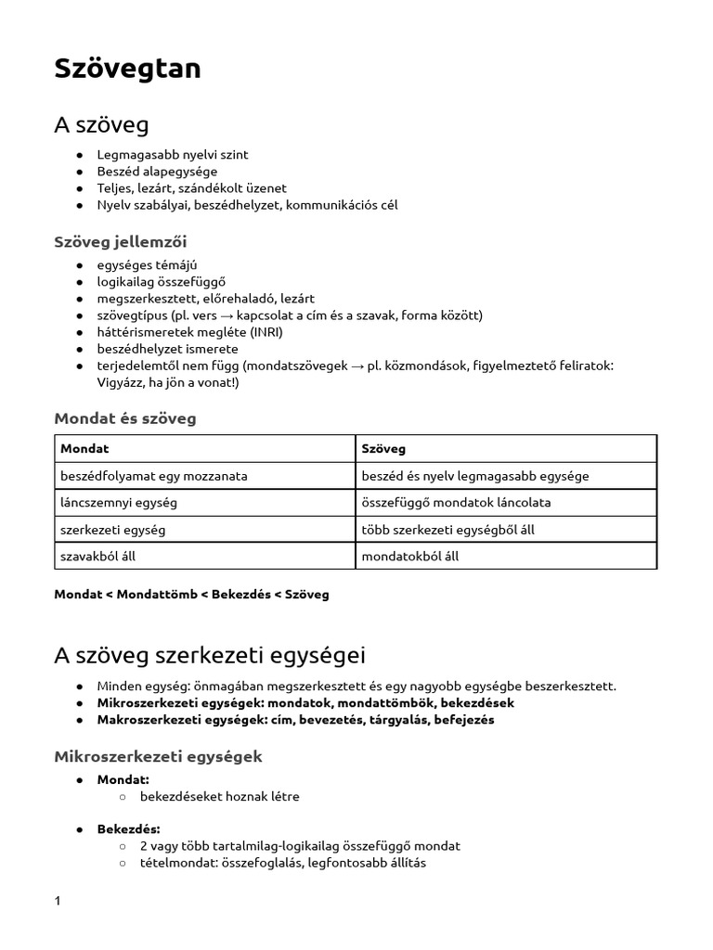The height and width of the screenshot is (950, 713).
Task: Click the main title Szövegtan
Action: (127, 69)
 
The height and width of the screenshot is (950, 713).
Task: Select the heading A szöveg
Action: (101, 124)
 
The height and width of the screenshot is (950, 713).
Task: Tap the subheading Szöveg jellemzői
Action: (120, 242)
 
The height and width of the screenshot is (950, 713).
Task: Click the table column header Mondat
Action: (84, 449)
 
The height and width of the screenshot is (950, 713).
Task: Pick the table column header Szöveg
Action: (382, 449)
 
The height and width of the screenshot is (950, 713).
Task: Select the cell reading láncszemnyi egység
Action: (118, 503)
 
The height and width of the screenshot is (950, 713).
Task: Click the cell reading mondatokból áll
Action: (409, 557)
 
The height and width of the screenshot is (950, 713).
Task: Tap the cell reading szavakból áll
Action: (104, 557)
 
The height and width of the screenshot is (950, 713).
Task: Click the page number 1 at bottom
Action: (58, 901)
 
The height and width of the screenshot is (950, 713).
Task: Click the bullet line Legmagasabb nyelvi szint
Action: (173, 155)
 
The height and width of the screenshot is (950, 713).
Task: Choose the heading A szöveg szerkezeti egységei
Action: (210, 656)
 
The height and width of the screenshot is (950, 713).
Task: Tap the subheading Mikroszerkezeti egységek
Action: (158, 757)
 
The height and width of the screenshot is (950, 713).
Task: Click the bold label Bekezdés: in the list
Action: (128, 828)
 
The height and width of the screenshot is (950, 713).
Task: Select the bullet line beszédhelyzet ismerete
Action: (167, 349)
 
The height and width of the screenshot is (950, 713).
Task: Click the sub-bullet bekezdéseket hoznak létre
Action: (220, 797)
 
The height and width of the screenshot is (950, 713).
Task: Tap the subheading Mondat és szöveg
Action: (125, 418)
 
